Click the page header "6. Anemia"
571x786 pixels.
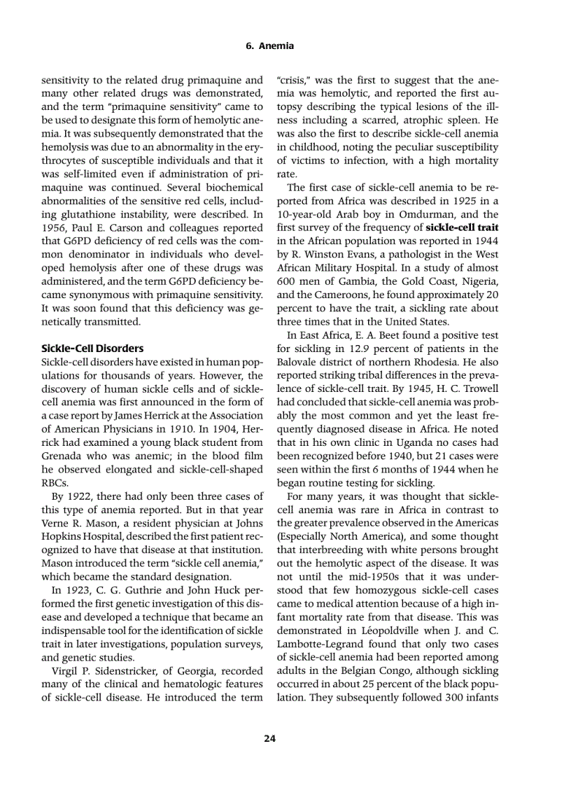[x=270, y=46]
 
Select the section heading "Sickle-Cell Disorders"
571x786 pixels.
[x=92, y=348]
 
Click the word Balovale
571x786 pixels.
[x=299, y=361]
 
